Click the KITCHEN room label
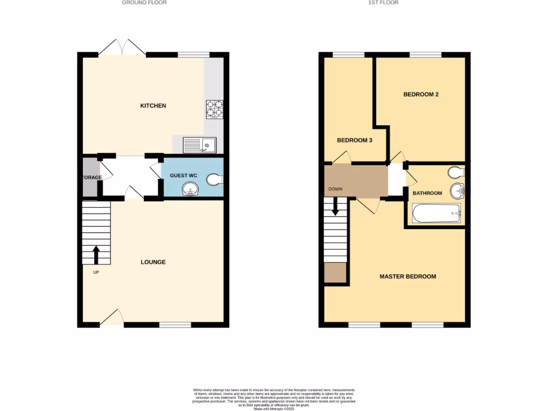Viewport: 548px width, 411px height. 153,106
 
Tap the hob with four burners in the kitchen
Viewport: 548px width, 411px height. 214,109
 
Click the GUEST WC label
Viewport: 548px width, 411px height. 184,176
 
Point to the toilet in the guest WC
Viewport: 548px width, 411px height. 216,180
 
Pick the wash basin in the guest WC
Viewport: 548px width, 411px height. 189,189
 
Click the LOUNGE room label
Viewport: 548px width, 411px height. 153,262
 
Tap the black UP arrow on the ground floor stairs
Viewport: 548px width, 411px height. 96,255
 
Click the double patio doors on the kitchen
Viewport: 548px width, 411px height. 122,48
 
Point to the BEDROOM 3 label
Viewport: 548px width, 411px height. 354,140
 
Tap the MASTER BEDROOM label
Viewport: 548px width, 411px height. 408,277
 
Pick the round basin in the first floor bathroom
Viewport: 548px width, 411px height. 457,191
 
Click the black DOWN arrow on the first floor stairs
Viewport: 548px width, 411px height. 336,206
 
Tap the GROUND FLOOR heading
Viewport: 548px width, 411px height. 144,3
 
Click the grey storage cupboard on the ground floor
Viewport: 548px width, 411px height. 89,177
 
